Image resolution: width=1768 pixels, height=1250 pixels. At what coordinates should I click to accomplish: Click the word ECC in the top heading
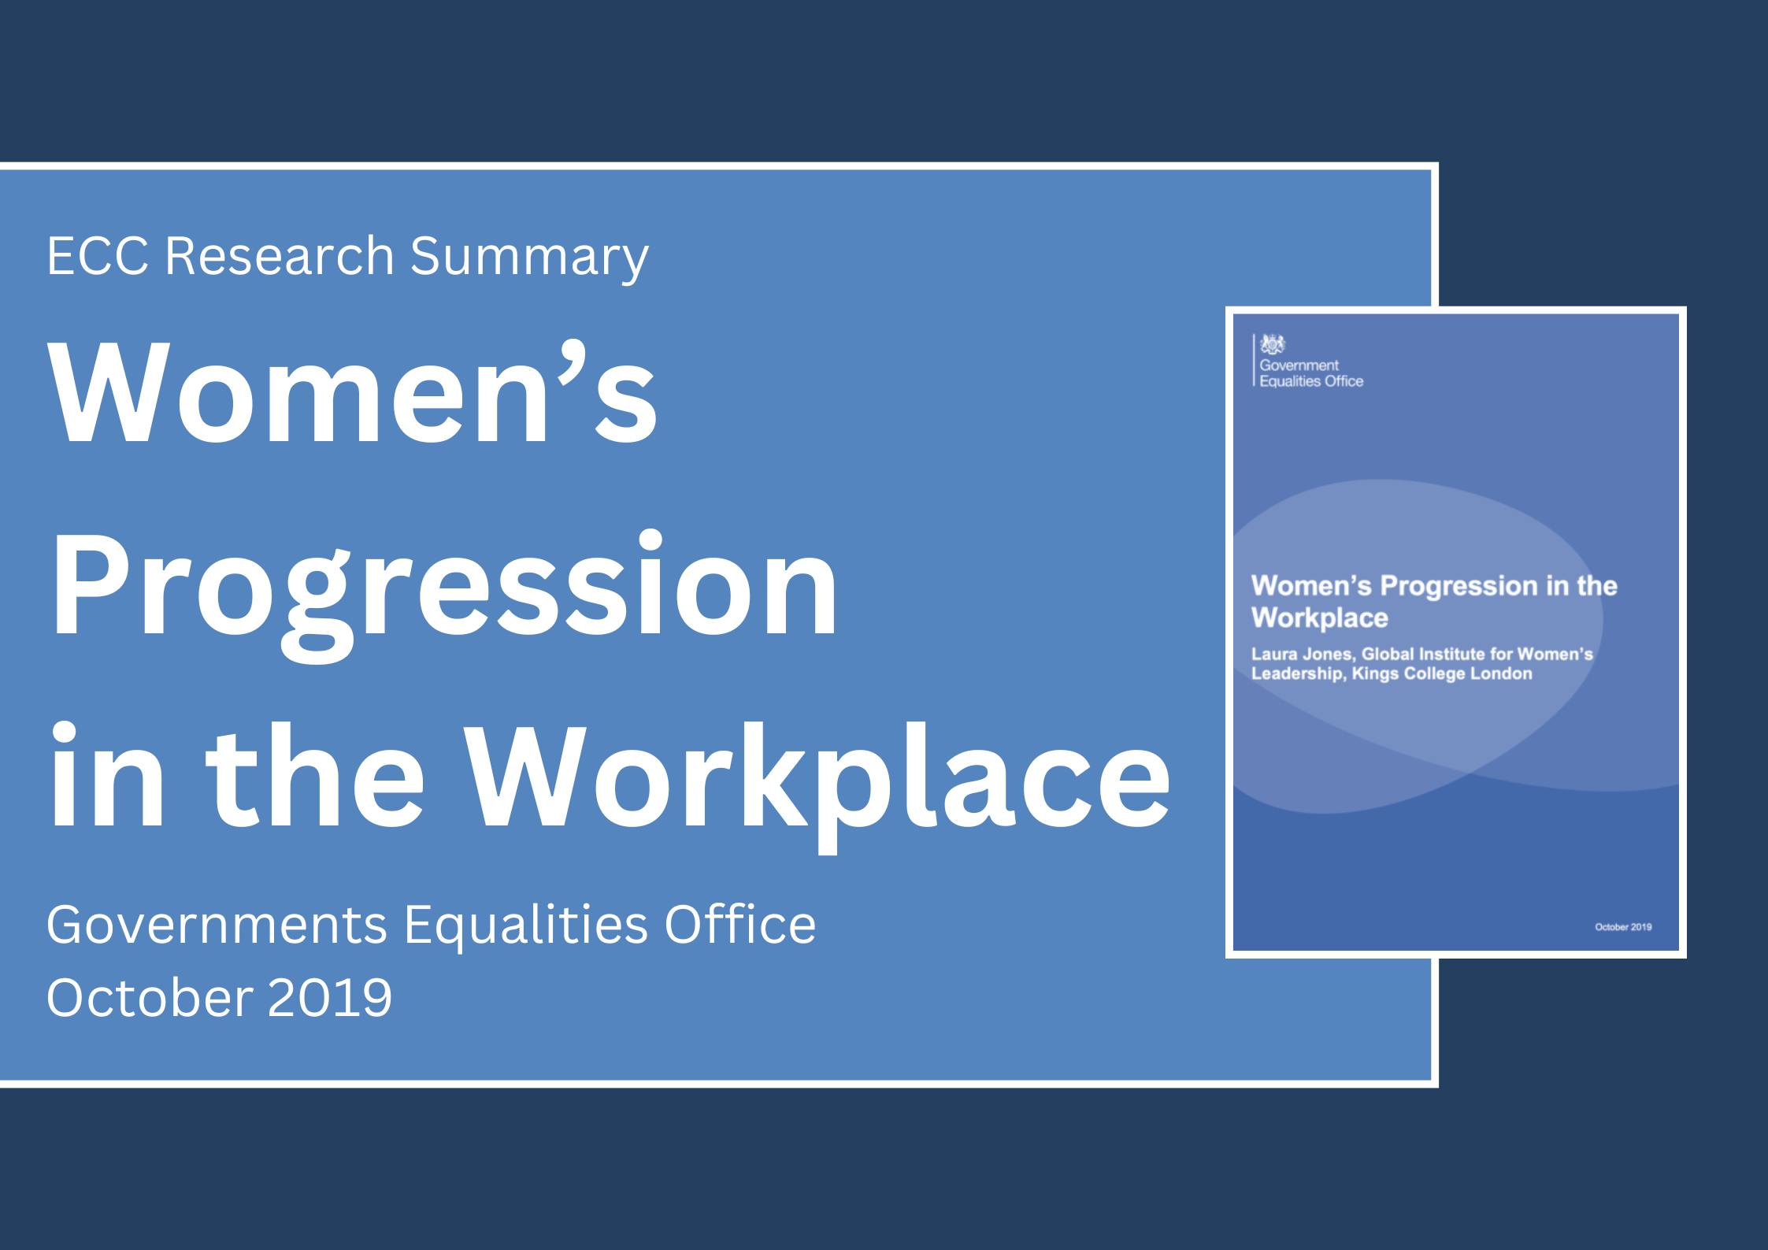[x=98, y=256]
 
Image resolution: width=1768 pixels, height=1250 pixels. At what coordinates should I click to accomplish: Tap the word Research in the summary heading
[x=279, y=256]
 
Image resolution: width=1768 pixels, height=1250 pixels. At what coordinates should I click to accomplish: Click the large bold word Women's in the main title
[x=351, y=394]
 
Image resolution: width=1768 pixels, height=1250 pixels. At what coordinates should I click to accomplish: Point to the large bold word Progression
[x=443, y=587]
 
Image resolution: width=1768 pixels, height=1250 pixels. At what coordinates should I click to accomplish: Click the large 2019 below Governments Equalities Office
[x=330, y=997]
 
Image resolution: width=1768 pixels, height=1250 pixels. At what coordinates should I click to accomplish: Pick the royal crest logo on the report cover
[x=1272, y=344]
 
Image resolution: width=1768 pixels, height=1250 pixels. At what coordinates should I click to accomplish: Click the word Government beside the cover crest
[x=1299, y=365]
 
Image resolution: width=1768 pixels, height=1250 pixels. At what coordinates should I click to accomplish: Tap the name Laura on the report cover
[x=1273, y=654]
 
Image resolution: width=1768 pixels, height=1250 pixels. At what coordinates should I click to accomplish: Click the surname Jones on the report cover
[x=1329, y=654]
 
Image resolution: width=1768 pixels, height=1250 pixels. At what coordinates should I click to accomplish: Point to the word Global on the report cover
[x=1388, y=654]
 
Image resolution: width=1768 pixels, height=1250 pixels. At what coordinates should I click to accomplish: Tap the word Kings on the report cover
[x=1375, y=673]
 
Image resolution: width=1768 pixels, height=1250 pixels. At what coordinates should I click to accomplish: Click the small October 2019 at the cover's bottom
[x=1623, y=927]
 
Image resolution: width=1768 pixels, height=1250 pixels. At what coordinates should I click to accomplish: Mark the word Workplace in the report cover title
[x=1319, y=618]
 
